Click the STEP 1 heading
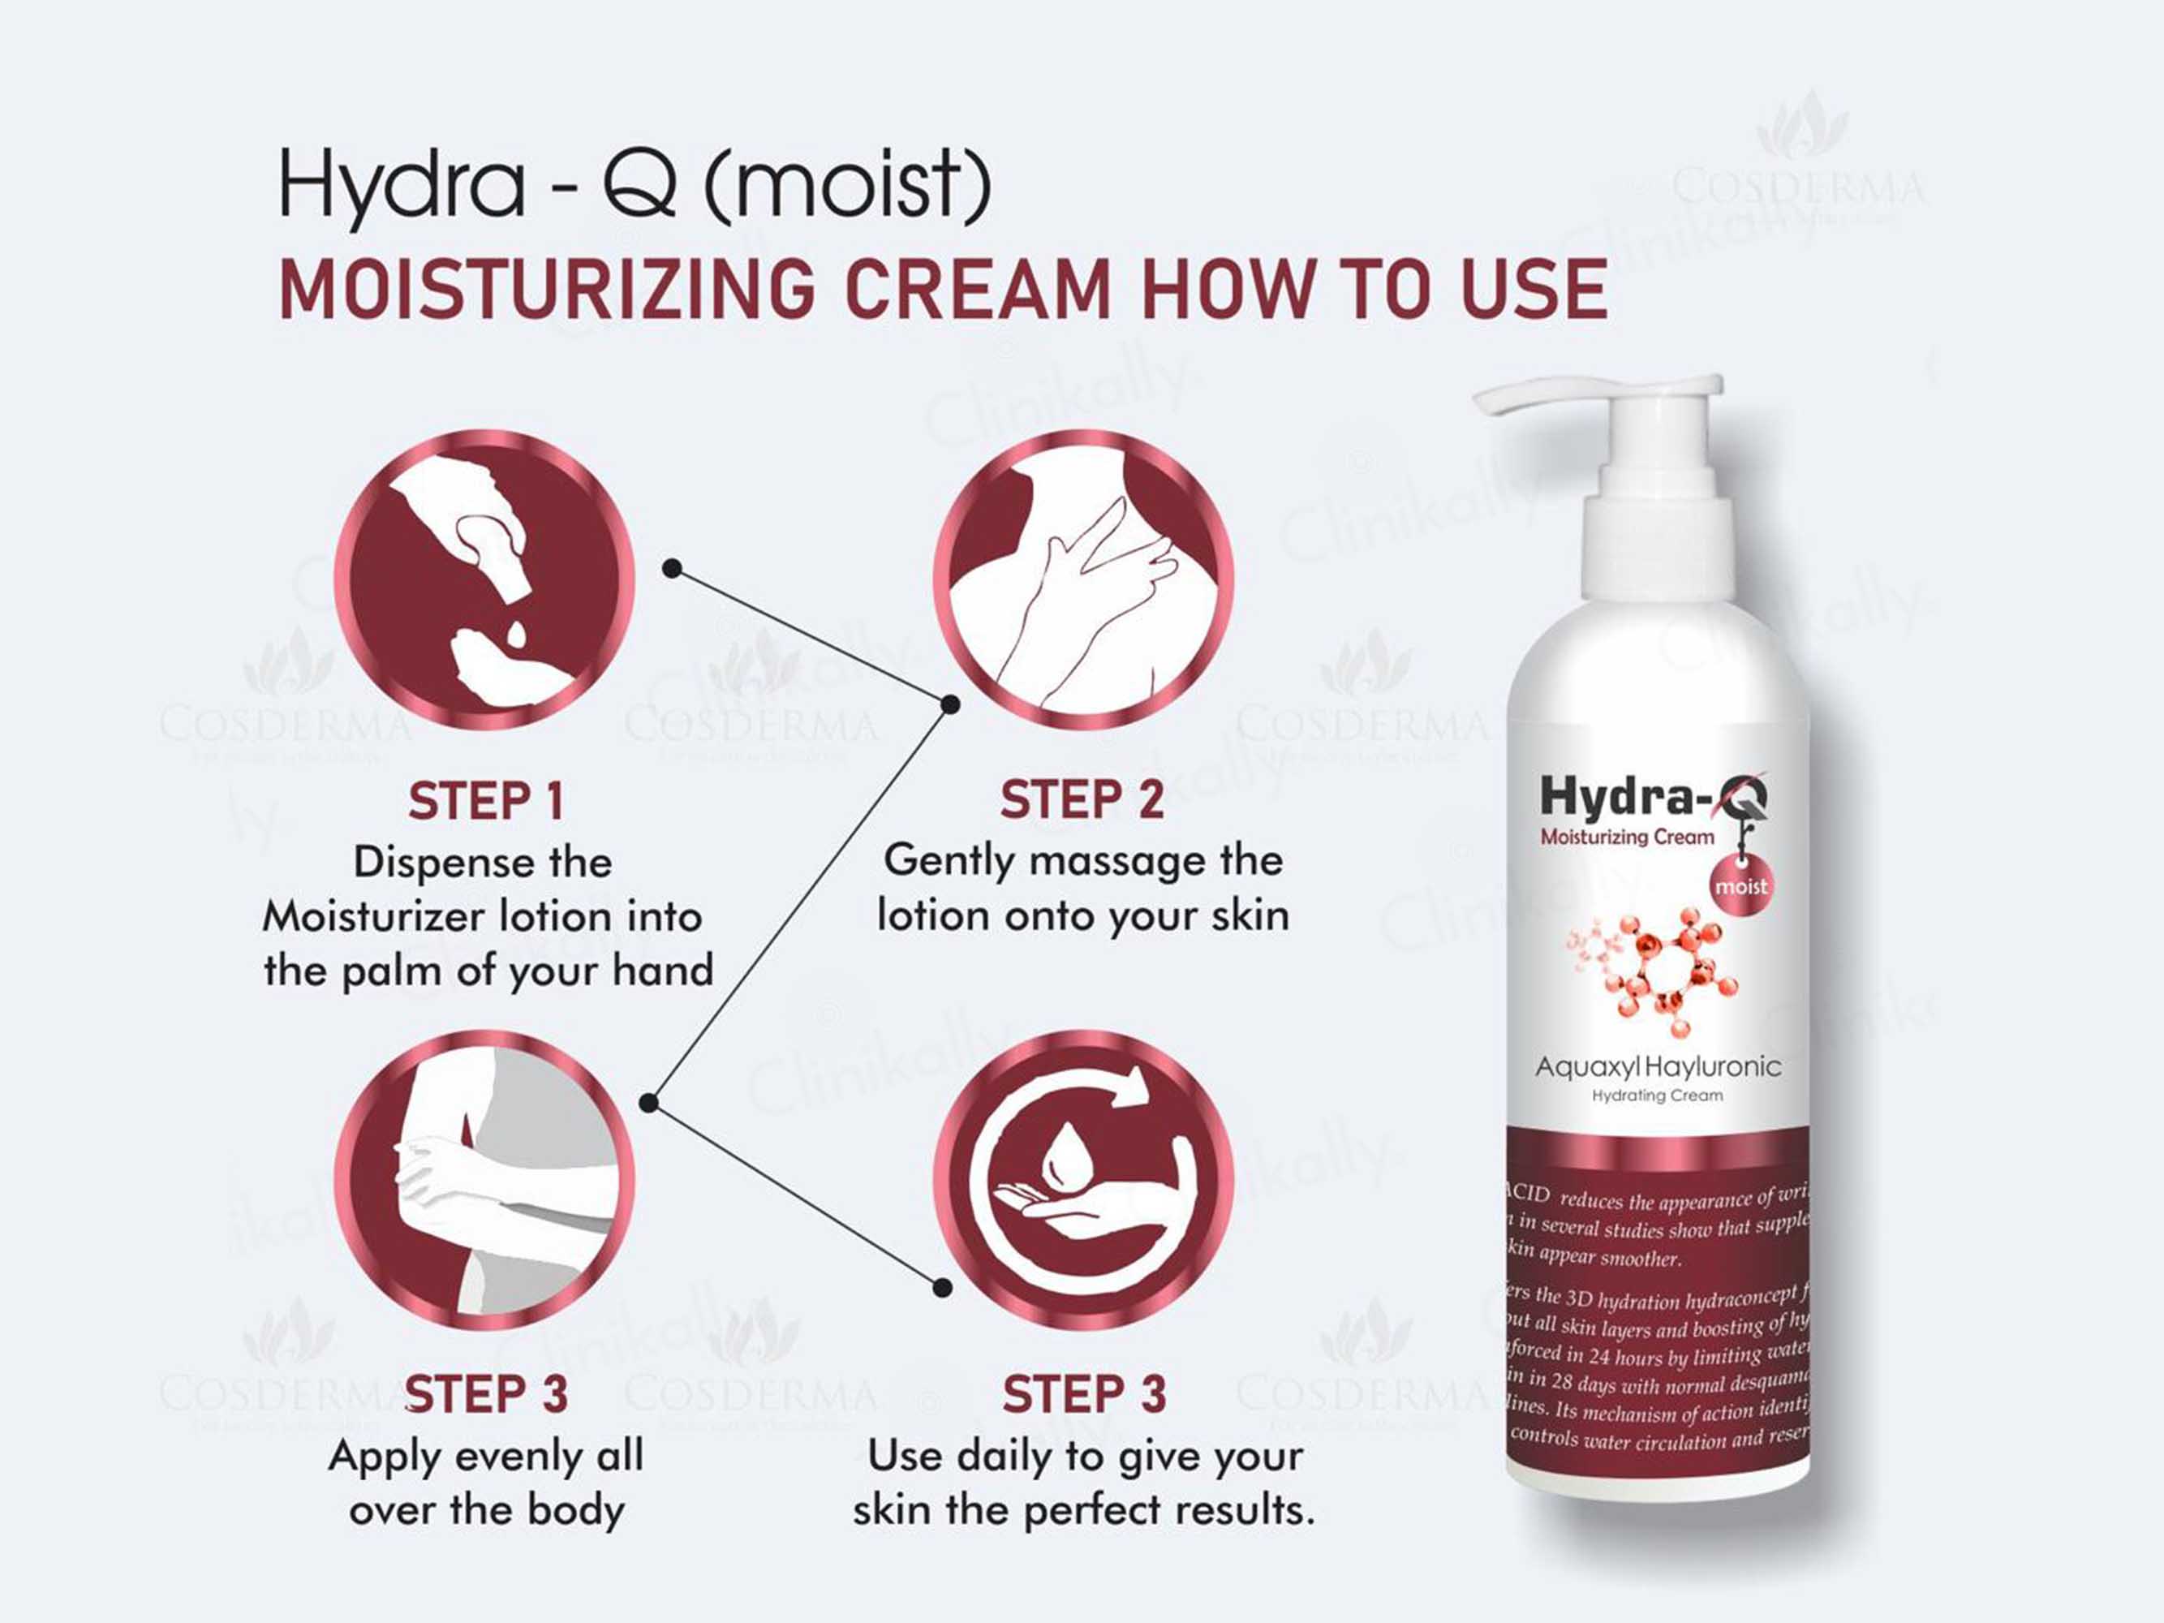tap(486, 803)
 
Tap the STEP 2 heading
tap(1082, 800)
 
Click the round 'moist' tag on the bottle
tap(1740, 886)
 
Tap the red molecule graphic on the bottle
tap(1663, 974)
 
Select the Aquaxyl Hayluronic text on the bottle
tap(1657, 1067)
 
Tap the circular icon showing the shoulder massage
tap(1082, 580)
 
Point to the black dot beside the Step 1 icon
tap(672, 568)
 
